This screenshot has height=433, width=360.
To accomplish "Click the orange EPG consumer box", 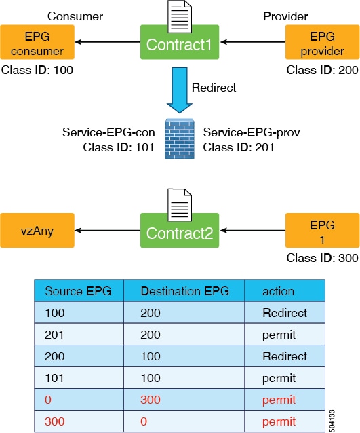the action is [x=37, y=42].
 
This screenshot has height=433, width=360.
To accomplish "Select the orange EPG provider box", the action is [x=322, y=42].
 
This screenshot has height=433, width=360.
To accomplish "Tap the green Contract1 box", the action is [x=180, y=42].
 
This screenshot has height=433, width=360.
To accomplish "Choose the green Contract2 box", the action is [x=180, y=231].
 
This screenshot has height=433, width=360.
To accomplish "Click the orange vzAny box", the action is [x=37, y=230].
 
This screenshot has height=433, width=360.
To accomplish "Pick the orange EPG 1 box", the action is [x=322, y=230].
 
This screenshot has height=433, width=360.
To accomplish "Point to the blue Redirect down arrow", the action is [x=180, y=90].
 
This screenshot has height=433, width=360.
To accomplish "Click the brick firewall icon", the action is [x=180, y=139].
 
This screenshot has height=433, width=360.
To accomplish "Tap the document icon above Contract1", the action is [x=180, y=16].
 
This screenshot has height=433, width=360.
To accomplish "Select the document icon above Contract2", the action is [x=180, y=205].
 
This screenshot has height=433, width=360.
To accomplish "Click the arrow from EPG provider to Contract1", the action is [x=253, y=42].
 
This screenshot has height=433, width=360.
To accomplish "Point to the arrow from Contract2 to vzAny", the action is [x=108, y=230].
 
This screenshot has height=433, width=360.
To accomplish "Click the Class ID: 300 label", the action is [x=322, y=258].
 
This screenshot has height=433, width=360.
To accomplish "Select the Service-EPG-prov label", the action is [x=252, y=132].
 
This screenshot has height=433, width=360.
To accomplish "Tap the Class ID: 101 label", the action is [x=119, y=147].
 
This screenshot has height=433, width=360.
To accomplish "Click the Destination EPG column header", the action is [x=184, y=291].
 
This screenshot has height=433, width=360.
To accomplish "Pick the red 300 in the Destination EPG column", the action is [x=151, y=400].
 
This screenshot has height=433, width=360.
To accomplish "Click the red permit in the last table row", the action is [x=279, y=422].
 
